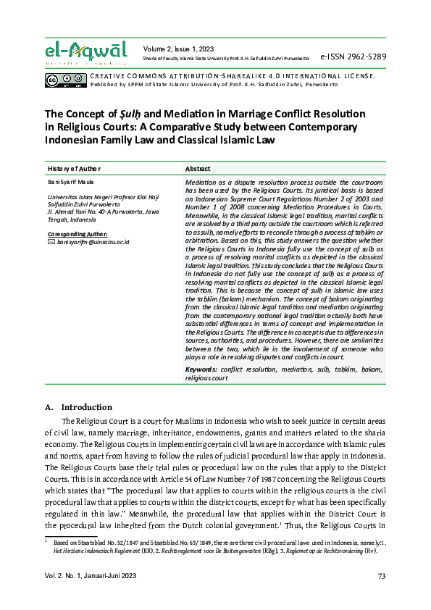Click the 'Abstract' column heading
click(x=198, y=168)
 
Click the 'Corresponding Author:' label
click(x=77, y=235)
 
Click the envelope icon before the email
click(x=51, y=242)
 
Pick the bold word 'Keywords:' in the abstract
click(x=201, y=369)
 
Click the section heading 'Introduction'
click(x=87, y=407)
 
